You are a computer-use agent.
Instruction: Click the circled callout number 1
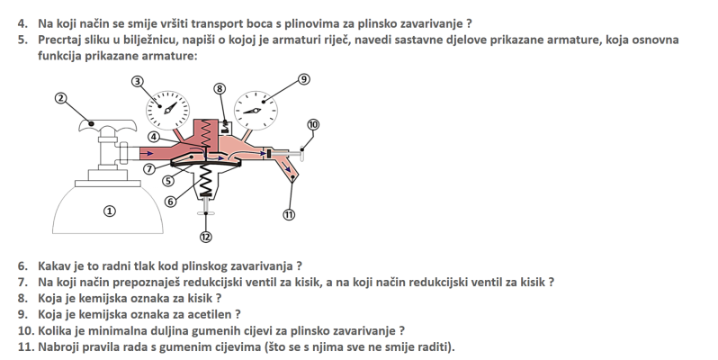pyautogui.click(x=110, y=211)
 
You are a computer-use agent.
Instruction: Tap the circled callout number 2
pyautogui.click(x=60, y=98)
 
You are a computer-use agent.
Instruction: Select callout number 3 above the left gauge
pyautogui.click(x=138, y=81)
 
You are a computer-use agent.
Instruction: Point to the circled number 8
pyautogui.click(x=220, y=88)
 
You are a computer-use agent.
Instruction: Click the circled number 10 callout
pyautogui.click(x=313, y=124)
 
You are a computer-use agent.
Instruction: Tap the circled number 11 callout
pyautogui.click(x=289, y=214)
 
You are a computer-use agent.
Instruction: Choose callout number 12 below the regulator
pyautogui.click(x=206, y=237)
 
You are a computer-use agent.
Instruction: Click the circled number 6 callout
pyautogui.click(x=170, y=201)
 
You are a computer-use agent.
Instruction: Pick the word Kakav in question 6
pyautogui.click(x=56, y=265)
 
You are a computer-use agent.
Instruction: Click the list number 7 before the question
pyautogui.click(x=23, y=282)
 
